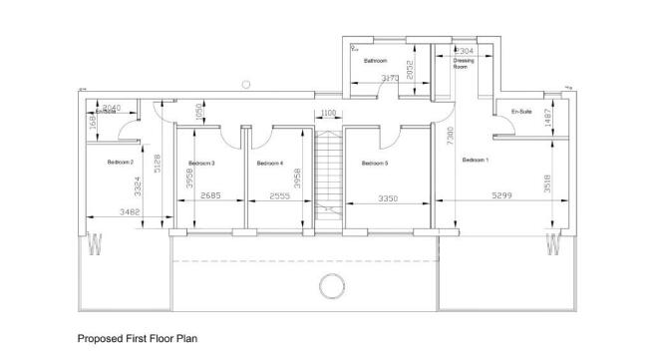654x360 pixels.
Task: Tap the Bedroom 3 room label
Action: point(201,163)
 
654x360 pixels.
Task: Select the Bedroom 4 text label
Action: point(270,163)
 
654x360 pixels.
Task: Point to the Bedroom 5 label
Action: point(375,163)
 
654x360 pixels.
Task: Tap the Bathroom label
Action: point(375,61)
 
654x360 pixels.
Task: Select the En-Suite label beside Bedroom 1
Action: point(521,111)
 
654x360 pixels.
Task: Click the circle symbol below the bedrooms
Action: point(330,287)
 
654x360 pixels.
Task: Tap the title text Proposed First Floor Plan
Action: point(138,338)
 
